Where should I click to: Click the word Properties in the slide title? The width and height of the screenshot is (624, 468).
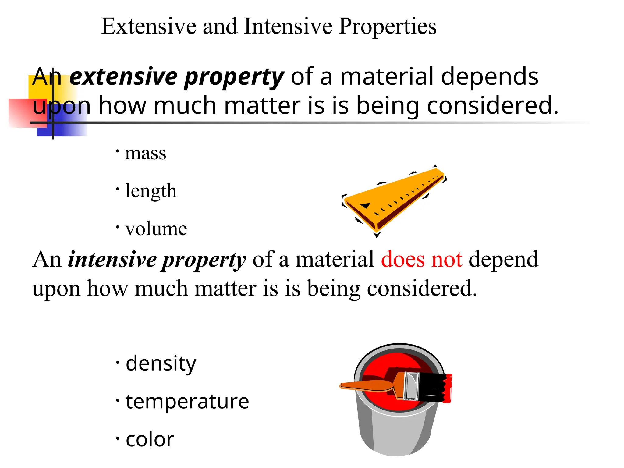(x=387, y=27)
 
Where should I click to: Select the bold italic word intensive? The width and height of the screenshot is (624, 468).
(x=112, y=260)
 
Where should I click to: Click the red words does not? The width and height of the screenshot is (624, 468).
(x=421, y=260)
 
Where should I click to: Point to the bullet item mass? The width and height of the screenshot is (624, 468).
(x=145, y=153)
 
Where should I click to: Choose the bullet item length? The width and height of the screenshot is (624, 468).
(x=151, y=191)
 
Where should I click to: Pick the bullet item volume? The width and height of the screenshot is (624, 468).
(x=156, y=229)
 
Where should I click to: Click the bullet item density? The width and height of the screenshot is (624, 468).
(x=161, y=363)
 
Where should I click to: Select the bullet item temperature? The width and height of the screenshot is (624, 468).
(x=187, y=401)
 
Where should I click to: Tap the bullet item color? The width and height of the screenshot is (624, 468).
(x=150, y=439)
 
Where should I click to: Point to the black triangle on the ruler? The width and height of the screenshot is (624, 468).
(x=366, y=205)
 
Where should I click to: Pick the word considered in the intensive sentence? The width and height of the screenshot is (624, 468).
(x=422, y=288)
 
